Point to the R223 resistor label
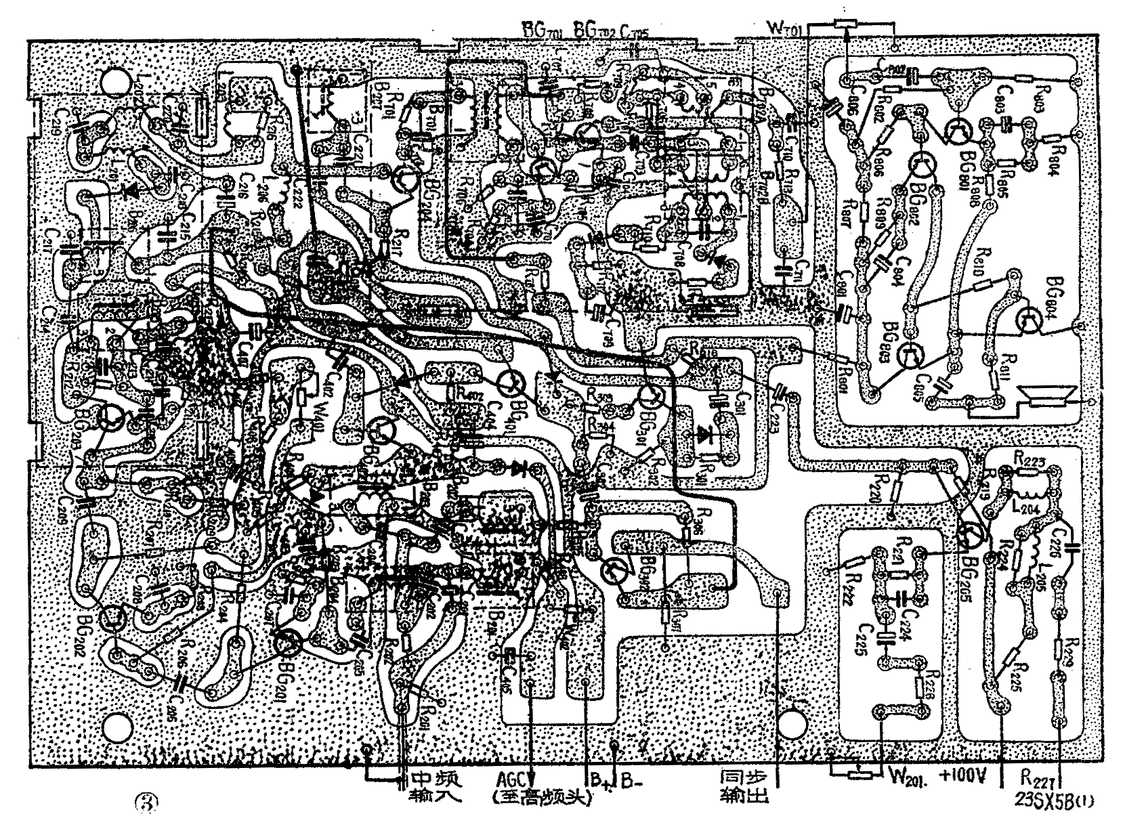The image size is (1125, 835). click(1030, 458)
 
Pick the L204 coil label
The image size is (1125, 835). click(1033, 505)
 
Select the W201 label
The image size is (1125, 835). click(908, 776)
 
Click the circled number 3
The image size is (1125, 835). click(146, 801)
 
